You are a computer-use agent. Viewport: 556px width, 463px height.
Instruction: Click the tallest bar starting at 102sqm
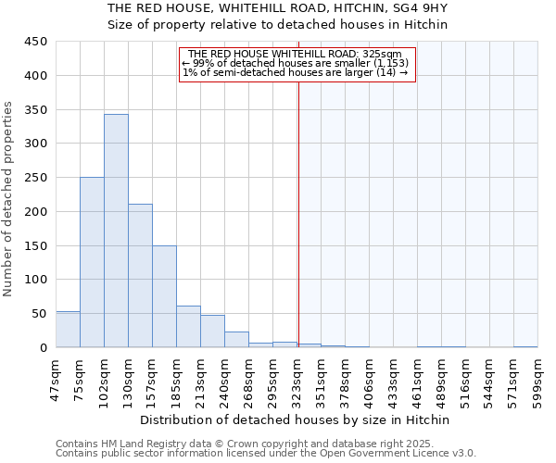point(116,231)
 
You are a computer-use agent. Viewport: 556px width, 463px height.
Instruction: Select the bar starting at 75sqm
point(92,262)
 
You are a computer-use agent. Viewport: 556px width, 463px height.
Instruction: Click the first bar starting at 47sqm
point(68,330)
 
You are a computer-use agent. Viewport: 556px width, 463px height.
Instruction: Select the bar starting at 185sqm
point(188,327)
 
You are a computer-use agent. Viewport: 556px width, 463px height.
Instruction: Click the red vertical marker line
point(298,204)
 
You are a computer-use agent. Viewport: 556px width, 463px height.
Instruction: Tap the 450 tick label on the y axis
point(36,42)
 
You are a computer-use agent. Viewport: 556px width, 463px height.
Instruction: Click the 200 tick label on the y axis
point(36,211)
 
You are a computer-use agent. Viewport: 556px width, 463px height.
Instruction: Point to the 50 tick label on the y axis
point(40,313)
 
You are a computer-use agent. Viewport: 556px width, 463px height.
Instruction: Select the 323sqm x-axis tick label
point(297,377)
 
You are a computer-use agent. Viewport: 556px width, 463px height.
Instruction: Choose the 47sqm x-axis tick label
point(56,377)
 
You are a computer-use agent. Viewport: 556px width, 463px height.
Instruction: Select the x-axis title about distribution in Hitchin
point(296,419)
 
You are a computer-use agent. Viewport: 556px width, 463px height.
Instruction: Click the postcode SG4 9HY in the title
point(416,8)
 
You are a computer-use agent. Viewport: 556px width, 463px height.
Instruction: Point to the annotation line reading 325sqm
point(295,54)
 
